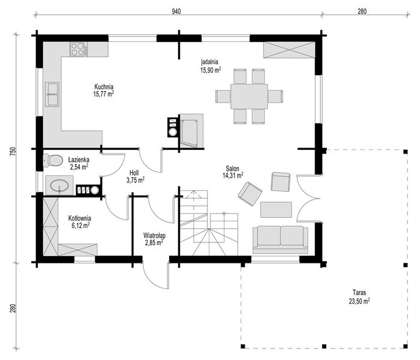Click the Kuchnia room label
coord(104,87)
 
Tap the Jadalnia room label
coord(210,62)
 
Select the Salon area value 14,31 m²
coord(233,175)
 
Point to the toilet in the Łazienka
coord(53,160)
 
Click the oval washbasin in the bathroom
coord(59,185)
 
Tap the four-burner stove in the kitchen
coord(79,50)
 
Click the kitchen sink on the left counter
coord(52,94)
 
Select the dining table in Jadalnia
coord(249,97)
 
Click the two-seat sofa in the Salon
coord(280,240)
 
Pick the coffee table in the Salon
coord(276,209)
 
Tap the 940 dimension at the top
coord(176,11)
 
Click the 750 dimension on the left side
coord(13,151)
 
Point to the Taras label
coord(359,293)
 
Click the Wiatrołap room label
coord(154,236)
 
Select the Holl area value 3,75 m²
coord(136,180)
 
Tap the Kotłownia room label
coord(80,218)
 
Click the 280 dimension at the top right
coord(362,11)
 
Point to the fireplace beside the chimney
coord(191,131)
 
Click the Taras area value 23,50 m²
coord(359,301)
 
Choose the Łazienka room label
coord(79,160)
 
